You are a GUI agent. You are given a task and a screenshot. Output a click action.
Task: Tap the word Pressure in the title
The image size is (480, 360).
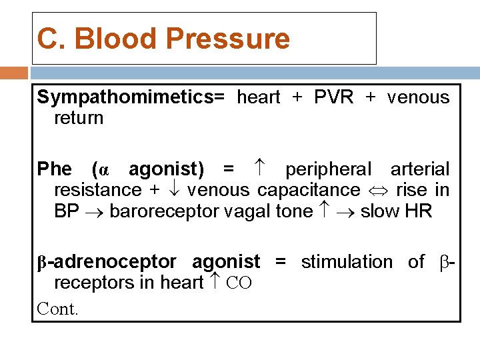228,39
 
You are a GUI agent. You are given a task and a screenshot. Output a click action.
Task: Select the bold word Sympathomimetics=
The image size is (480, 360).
131,97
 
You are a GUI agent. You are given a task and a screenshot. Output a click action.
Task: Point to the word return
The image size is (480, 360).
79,118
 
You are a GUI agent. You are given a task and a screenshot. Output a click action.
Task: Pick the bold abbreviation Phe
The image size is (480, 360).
54,169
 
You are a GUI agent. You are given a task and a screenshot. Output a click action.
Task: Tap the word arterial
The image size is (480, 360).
420,169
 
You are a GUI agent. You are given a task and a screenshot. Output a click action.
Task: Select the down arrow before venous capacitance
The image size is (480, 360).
174,190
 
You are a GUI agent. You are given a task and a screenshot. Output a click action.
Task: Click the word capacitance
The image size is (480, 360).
309,190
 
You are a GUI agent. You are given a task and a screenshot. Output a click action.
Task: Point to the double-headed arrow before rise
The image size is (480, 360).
378,191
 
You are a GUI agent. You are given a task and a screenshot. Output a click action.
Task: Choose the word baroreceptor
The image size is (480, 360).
169,211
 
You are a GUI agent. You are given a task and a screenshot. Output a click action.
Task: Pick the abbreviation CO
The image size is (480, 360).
239,283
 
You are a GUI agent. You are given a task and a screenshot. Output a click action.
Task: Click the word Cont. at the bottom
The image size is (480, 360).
57,309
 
